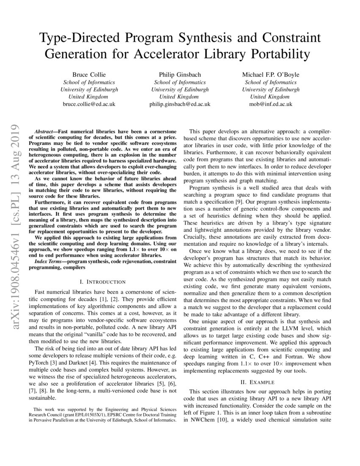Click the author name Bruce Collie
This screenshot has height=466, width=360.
(x=89, y=74)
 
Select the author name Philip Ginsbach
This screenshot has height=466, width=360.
(x=180, y=74)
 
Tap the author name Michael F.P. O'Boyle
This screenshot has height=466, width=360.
(x=271, y=74)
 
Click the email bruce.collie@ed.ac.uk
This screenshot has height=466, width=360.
(x=89, y=104)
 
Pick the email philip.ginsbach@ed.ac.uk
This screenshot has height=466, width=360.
(x=180, y=104)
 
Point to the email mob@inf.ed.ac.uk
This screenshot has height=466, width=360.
(x=271, y=104)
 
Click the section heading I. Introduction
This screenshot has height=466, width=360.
(x=102, y=282)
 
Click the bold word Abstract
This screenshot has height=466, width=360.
(x=45, y=127)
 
